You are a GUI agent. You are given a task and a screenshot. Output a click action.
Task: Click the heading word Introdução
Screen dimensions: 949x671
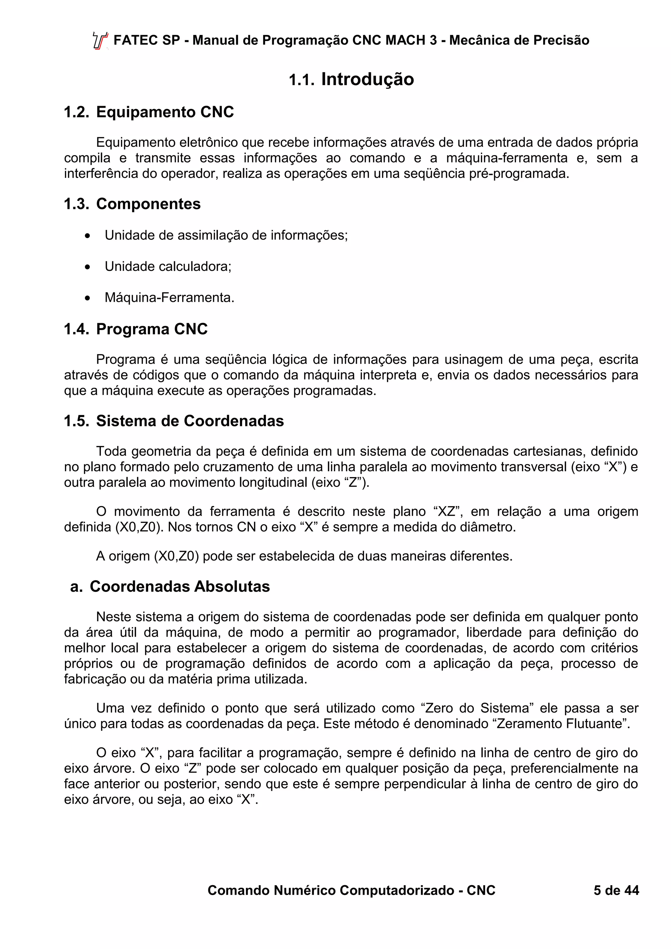point(367,79)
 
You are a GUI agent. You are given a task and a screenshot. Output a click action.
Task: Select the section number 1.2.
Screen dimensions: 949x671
point(76,112)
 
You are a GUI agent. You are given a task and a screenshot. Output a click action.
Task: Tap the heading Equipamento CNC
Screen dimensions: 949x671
point(165,112)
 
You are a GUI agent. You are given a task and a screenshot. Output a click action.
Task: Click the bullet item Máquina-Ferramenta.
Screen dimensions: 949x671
point(169,298)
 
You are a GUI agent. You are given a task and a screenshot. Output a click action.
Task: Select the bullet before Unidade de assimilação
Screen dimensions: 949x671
point(87,236)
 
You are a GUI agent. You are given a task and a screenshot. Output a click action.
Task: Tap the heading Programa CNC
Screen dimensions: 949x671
point(152,329)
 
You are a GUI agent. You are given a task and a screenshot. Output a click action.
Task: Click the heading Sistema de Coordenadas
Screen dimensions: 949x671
point(190,421)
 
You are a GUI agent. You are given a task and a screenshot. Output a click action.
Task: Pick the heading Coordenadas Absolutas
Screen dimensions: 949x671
point(180,586)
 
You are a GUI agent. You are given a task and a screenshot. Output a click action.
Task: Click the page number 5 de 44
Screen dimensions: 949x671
point(616,890)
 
